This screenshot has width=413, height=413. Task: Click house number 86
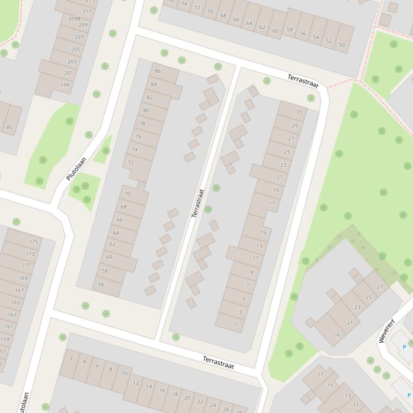pos(157,71)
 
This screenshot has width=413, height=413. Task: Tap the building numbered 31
pos(299,112)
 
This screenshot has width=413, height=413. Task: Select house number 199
pos(66,85)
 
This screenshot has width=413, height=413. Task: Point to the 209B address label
pos(74,18)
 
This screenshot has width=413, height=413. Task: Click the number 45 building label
pos(9,128)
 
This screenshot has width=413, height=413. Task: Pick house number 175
pos(34,242)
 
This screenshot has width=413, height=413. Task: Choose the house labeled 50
pos(342,44)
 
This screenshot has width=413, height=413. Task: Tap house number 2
pos(71,358)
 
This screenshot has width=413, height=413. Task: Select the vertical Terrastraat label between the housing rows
pos(198,203)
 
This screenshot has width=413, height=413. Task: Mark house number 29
pos(295,126)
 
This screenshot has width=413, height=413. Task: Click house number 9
pos(251,272)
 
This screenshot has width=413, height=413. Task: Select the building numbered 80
pos(146,110)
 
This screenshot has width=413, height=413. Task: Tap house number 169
pos(23,278)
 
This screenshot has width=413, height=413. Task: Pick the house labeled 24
pos(213,405)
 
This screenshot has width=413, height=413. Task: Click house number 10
pos(125,373)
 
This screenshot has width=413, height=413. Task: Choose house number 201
pos(68,73)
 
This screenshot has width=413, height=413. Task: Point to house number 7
pos(248,286)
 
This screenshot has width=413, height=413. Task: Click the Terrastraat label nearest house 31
pos(303,82)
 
